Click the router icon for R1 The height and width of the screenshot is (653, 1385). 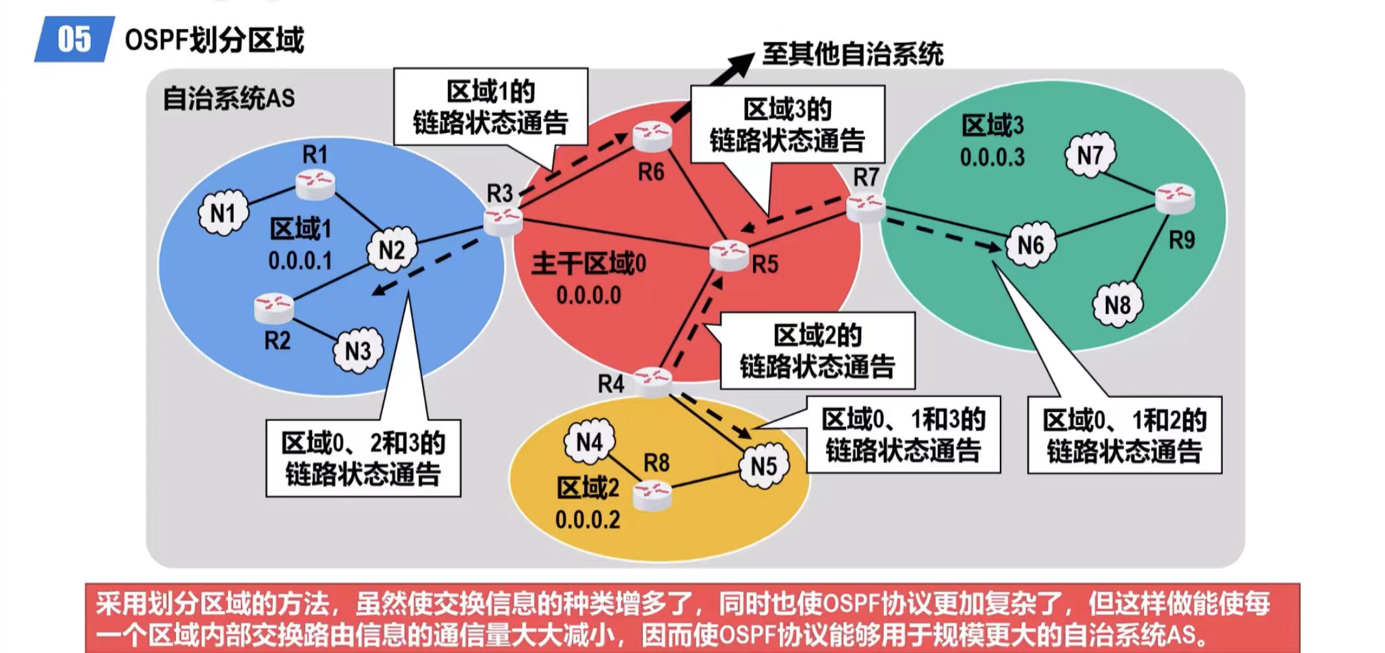pyautogui.click(x=316, y=184)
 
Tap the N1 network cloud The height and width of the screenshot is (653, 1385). pyautogui.click(x=223, y=213)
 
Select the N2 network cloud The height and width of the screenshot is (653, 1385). pyautogui.click(x=392, y=250)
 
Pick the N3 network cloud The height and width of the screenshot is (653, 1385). pyautogui.click(x=358, y=351)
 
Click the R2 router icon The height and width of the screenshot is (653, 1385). pyautogui.click(x=274, y=308)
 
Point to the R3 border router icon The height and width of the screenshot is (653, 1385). pyautogui.click(x=503, y=221)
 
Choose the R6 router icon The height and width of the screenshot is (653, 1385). pyautogui.click(x=652, y=136)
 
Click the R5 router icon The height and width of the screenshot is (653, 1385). pyautogui.click(x=729, y=255)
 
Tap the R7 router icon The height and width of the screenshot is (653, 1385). pyautogui.click(x=866, y=208)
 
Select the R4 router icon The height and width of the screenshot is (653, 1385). pyautogui.click(x=653, y=382)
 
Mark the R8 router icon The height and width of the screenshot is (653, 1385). pyautogui.click(x=652, y=495)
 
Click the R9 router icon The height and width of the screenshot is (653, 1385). pyautogui.click(x=1175, y=199)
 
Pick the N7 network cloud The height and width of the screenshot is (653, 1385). pyautogui.click(x=1090, y=155)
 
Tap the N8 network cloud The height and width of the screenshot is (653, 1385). pyautogui.click(x=1117, y=304)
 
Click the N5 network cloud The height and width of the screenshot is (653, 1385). pyautogui.click(x=764, y=466)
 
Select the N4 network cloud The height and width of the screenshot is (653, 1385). pyautogui.click(x=590, y=442)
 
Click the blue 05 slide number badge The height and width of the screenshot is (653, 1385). pyautogui.click(x=74, y=39)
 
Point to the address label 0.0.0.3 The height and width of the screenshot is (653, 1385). pyautogui.click(x=992, y=157)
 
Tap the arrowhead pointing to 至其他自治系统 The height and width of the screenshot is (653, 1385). pyautogui.click(x=740, y=64)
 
